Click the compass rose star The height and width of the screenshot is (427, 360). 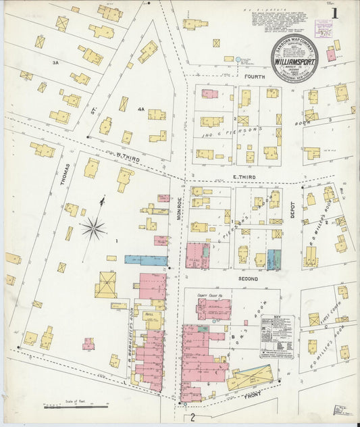(95, 228)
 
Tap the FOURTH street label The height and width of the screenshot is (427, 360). (255, 77)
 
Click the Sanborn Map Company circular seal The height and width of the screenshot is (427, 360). (294, 59)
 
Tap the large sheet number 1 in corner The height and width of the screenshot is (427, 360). (335, 14)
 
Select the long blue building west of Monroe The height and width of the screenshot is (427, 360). (146, 260)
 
